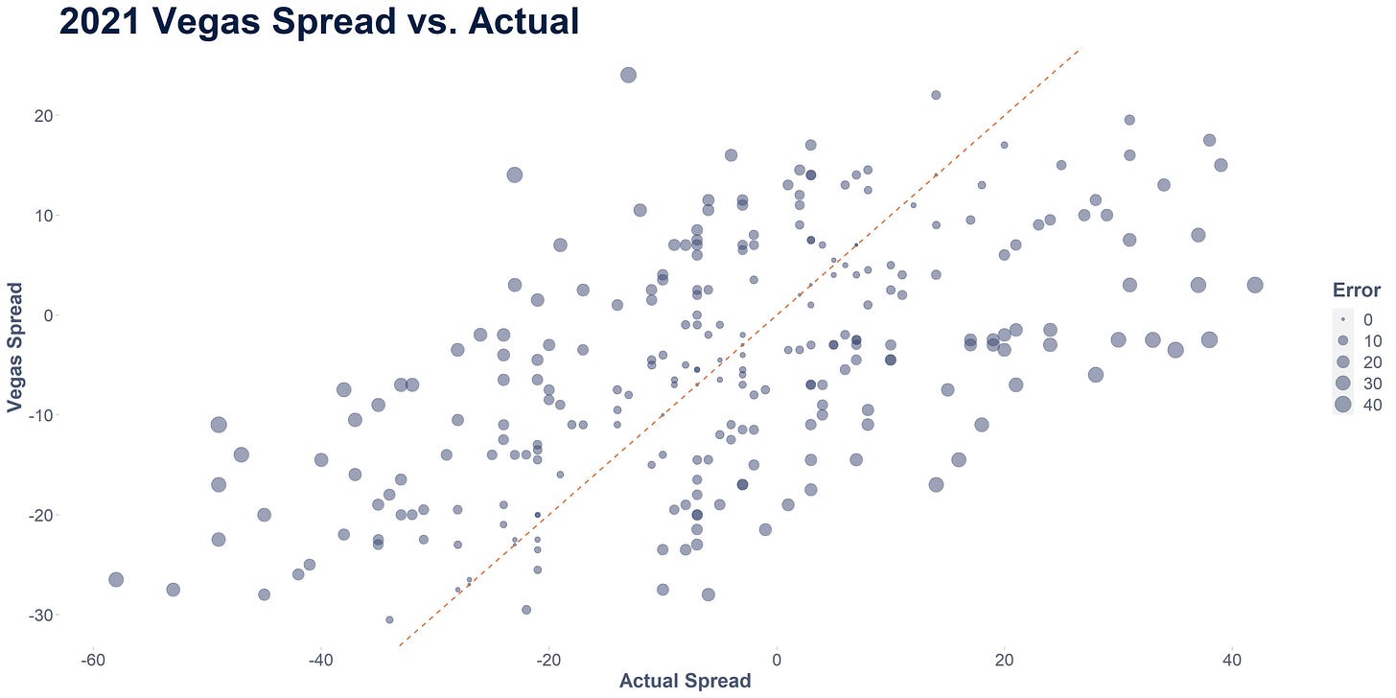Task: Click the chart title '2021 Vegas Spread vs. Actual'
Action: tap(319, 21)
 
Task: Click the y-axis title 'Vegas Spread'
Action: tap(14, 348)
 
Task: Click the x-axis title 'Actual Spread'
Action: tap(685, 681)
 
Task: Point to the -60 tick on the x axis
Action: tap(93, 660)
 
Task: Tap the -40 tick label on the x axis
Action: tap(321, 660)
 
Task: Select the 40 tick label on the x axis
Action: tap(1232, 660)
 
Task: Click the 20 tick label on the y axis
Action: tap(43, 116)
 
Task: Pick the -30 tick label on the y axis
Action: tap(40, 616)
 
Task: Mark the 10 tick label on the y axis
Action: tap(43, 216)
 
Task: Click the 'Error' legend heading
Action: tap(1356, 290)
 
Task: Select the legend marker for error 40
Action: tap(1343, 405)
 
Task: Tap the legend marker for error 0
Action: tap(1343, 319)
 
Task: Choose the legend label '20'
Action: tap(1372, 362)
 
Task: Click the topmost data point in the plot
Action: tap(628, 76)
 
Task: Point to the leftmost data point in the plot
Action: tap(116, 579)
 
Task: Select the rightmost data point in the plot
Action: tap(1255, 285)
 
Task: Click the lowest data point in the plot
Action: tap(389, 619)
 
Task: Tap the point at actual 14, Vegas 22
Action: tap(936, 95)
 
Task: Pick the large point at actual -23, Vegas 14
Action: tap(514, 175)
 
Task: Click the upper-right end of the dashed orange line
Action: tap(1079, 49)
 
